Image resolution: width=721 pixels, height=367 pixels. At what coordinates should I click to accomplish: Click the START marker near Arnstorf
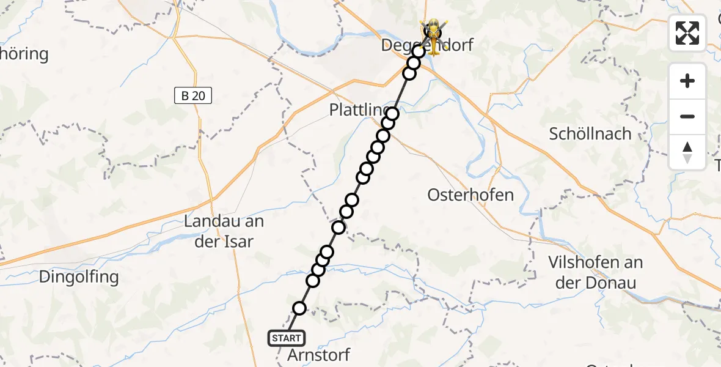pyautogui.click(x=286, y=338)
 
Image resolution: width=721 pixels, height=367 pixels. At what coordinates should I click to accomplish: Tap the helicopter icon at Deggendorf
pyautogui.click(x=433, y=34)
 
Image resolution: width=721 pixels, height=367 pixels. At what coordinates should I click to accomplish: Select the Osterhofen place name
pyautogui.click(x=470, y=195)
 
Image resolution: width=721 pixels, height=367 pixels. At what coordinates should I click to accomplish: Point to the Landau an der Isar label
pyautogui.click(x=219, y=231)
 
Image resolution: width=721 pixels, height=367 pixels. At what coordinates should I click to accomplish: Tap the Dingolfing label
pyautogui.click(x=78, y=277)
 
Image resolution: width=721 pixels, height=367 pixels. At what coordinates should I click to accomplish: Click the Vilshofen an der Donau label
pyautogui.click(x=595, y=272)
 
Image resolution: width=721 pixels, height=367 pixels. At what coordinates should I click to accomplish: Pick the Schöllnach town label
pyautogui.click(x=590, y=134)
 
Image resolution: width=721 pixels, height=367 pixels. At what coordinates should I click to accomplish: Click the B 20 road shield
pyautogui.click(x=192, y=95)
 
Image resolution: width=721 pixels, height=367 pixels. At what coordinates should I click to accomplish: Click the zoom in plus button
pyautogui.click(x=687, y=81)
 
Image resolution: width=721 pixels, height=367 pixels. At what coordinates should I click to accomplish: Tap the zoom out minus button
pyautogui.click(x=687, y=116)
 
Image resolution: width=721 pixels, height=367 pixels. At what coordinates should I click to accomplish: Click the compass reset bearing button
pyautogui.click(x=687, y=152)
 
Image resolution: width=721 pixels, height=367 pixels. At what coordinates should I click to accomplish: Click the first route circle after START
pyautogui.click(x=299, y=308)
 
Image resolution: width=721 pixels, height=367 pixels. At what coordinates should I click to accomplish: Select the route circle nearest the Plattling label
pyautogui.click(x=392, y=114)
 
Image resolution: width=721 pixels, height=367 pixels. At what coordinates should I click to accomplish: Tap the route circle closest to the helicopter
pyautogui.click(x=419, y=51)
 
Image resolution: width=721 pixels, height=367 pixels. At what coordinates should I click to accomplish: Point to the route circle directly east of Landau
pyautogui.click(x=339, y=228)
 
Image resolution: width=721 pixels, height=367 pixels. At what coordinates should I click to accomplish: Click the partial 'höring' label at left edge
pyautogui.click(x=24, y=54)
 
